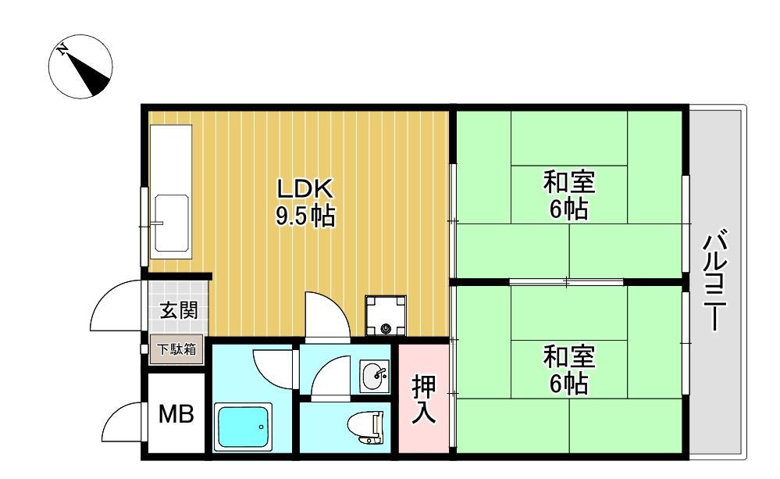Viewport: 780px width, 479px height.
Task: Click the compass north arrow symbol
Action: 80,66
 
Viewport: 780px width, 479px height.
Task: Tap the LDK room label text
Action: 304,189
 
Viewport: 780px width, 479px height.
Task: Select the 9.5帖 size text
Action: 305,216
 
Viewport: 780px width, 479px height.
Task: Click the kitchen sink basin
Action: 172,223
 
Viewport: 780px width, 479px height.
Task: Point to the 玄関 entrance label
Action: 179,311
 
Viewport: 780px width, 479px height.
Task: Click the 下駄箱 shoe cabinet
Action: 176,349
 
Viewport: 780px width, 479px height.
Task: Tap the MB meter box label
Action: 176,414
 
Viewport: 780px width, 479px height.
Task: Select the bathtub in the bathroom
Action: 243,426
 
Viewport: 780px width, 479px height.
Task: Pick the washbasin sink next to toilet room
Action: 374,376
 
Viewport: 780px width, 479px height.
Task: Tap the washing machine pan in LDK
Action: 386,315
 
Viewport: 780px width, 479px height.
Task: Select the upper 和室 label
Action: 569,195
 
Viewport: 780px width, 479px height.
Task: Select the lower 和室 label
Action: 569,370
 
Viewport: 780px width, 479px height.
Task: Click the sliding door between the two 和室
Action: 566,282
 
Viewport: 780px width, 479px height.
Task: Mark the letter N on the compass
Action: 62,49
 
